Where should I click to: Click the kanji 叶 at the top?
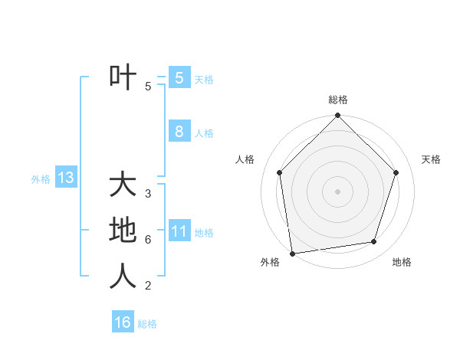coord(123,77)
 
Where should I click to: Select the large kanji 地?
coord(123,230)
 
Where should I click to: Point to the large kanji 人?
coord(123,276)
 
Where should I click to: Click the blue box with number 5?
coord(179,77)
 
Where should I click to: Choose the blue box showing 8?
coord(179,131)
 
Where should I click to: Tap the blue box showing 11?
coord(179,231)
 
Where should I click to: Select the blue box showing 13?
coord(66,178)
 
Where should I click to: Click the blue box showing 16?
coord(123,322)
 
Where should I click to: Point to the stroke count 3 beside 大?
coord(148,194)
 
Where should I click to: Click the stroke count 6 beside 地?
coord(148,240)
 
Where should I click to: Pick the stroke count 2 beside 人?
coord(148,286)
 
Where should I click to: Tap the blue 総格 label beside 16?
coord(147,324)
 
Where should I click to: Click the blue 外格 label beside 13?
coord(41,180)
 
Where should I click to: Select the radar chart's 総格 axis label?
coord(338,100)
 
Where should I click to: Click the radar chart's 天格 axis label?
coord(431,159)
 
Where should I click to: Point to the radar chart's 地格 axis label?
coord(402,262)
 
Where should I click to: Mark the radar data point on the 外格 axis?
coord(292,253)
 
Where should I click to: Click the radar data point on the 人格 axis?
coord(280,172)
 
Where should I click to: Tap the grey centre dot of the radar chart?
coord(338,191)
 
